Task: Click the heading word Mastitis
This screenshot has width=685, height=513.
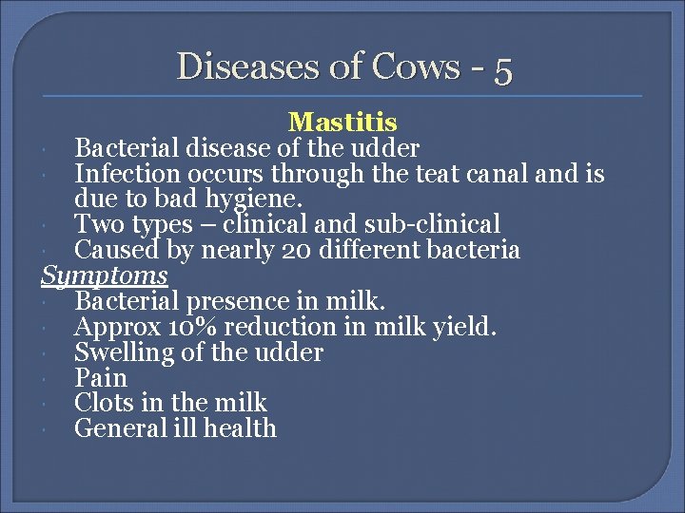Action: point(342,123)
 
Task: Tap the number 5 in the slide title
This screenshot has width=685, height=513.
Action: point(503,67)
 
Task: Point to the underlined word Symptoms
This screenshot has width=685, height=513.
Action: point(105,275)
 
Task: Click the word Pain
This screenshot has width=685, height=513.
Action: point(100,378)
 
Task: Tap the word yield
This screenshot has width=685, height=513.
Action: point(467,327)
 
